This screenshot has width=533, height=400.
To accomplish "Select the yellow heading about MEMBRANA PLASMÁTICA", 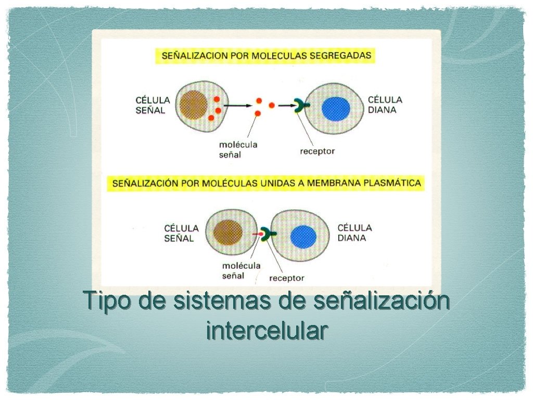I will click(266, 183).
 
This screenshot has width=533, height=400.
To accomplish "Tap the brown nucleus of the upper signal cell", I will click(193, 105).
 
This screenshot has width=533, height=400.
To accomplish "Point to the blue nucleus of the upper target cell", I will click(336, 109).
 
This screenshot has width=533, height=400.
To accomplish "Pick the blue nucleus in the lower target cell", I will click(303, 237).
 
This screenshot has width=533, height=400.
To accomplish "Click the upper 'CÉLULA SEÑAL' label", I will click(153, 105).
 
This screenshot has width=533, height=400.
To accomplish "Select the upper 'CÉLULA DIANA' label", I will click(385, 104).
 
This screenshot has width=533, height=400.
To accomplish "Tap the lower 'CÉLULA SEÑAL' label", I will click(181, 233).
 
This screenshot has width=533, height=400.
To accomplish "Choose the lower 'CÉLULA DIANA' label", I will click(354, 232).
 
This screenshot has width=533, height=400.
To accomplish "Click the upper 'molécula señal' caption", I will click(238, 149).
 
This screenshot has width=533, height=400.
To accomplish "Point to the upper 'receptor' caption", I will click(318, 152).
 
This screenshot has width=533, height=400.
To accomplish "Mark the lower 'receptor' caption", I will click(287, 278).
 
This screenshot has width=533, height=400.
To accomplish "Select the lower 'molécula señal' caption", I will click(241, 270).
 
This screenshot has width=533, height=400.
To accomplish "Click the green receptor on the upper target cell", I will click(300, 106).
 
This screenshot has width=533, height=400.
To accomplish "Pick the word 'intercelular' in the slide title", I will click(266, 330).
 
